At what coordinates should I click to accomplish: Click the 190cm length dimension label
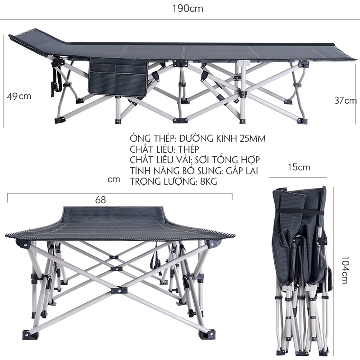188,8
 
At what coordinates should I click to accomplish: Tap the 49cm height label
19,96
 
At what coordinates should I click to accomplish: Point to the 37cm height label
346,100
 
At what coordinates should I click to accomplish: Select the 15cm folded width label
299,167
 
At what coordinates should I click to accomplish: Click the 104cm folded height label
345,270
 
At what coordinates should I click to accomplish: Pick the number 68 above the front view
101,200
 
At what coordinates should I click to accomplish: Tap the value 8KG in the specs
208,181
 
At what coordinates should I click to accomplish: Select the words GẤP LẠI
242,171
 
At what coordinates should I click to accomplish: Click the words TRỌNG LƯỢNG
162,181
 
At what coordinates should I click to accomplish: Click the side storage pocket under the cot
118,77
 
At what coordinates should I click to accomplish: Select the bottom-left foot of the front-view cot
28,334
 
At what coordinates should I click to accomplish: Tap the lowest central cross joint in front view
119,290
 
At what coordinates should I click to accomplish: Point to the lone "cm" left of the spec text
114,179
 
